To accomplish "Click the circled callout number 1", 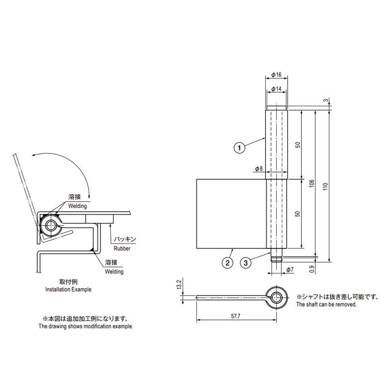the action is click(239, 148).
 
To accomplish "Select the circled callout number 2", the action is click(227, 263).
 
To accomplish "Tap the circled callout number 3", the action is click(245, 263).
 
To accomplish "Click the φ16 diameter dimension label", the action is click(276, 74).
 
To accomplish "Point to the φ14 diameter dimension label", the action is click(276, 89).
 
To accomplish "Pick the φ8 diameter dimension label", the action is click(259, 169).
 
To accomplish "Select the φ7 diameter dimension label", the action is click(290, 269).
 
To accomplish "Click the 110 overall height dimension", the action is click(325, 186).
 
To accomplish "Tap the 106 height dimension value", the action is click(312, 183).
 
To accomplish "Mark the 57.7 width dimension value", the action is click(236, 316).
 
